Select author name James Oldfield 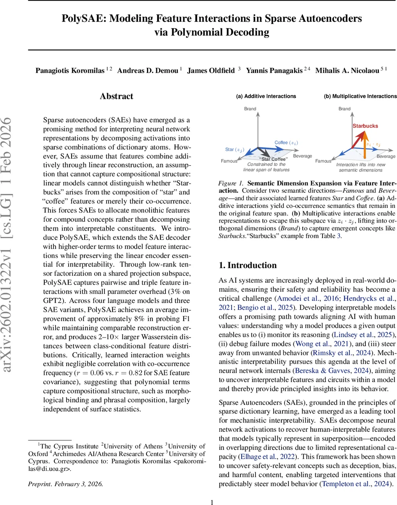tap(211, 71)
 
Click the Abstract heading tap(117, 96)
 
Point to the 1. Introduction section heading tap(248, 265)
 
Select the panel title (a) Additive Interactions tap(266, 96)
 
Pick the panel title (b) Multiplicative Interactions tap(360, 96)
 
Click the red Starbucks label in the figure tap(365, 126)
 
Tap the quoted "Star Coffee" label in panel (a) tap(274, 159)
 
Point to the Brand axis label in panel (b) tap(344, 109)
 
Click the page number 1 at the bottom tap(212, 502)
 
